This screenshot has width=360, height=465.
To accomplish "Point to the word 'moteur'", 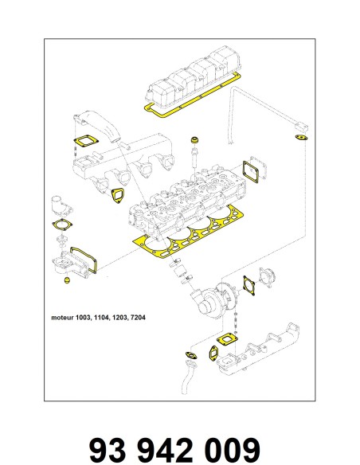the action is click(62, 318).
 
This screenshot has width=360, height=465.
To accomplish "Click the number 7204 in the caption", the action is click(138, 318).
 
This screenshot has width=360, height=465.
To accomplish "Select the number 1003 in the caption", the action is click(83, 318).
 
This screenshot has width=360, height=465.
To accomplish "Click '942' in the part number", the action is click(166, 451).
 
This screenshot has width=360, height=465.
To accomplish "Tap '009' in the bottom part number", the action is click(232, 451).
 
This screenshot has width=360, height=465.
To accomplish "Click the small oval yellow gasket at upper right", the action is click(302, 138).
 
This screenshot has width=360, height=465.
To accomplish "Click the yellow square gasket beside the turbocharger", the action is click(249, 285).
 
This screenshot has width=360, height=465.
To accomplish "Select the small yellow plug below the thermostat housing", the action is click(67, 280).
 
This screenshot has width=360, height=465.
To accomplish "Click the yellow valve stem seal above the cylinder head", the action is click(194, 139).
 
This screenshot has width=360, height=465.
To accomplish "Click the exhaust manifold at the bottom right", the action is click(258, 353).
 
